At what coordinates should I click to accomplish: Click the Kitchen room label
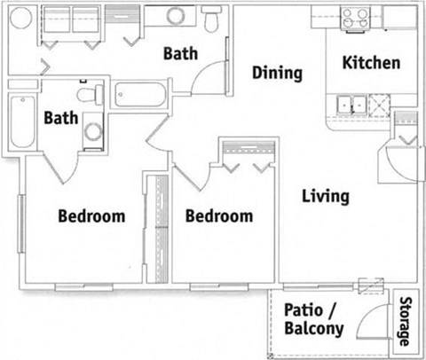[372, 64]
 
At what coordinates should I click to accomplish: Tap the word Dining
[277, 73]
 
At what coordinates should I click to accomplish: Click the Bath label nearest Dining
[185, 53]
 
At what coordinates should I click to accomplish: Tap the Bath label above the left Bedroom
[61, 117]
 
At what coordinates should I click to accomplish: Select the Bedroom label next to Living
[219, 215]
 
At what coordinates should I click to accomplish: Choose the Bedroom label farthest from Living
[91, 215]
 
